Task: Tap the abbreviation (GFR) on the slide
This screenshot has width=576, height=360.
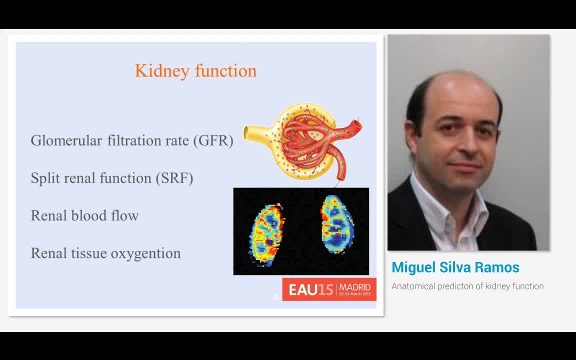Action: [x=213, y=140]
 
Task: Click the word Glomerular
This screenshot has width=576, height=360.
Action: [x=66, y=140]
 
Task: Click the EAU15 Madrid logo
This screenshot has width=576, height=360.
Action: [x=329, y=289]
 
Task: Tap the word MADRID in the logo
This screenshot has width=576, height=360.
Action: [x=355, y=287]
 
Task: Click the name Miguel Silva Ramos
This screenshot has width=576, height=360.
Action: [x=455, y=267]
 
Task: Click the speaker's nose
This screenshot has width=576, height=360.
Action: [x=465, y=147]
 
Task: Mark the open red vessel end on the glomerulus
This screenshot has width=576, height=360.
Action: [x=356, y=124]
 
